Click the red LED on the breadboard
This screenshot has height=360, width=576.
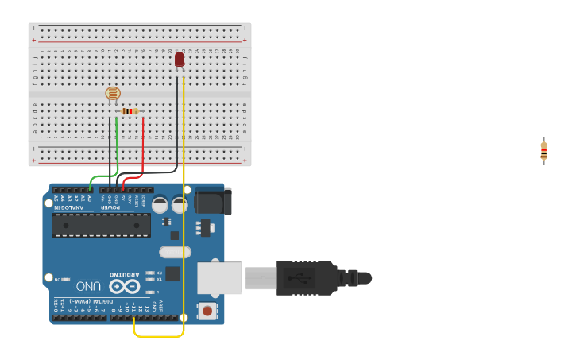[180, 59]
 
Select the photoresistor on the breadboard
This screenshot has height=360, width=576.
[113, 95]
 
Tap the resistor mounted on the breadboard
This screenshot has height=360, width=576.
[130, 111]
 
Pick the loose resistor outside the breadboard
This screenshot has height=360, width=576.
[543, 150]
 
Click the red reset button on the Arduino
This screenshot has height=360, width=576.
[207, 311]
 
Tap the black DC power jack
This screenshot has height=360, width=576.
[212, 201]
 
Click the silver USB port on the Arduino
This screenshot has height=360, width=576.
[219, 278]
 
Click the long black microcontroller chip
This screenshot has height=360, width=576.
[101, 225]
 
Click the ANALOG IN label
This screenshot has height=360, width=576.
[69, 207]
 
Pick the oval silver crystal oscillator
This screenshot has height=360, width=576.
[175, 252]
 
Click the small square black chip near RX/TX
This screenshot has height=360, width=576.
[172, 273]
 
